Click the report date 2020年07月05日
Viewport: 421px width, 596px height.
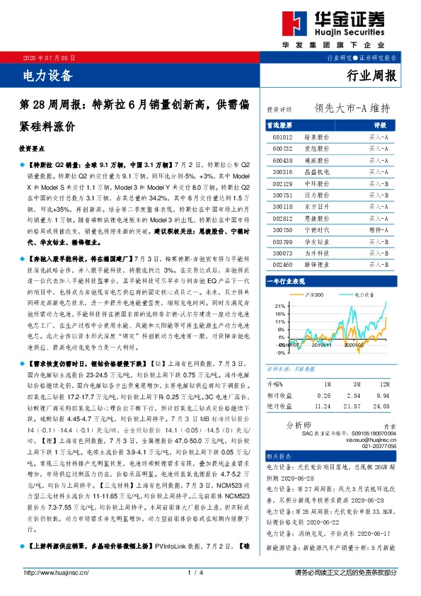[46, 57]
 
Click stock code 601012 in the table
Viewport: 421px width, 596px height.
[282, 135]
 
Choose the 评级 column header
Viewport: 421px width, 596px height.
[379, 124]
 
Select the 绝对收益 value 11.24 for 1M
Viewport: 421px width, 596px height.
[325, 407]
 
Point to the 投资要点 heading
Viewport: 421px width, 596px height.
[33, 150]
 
